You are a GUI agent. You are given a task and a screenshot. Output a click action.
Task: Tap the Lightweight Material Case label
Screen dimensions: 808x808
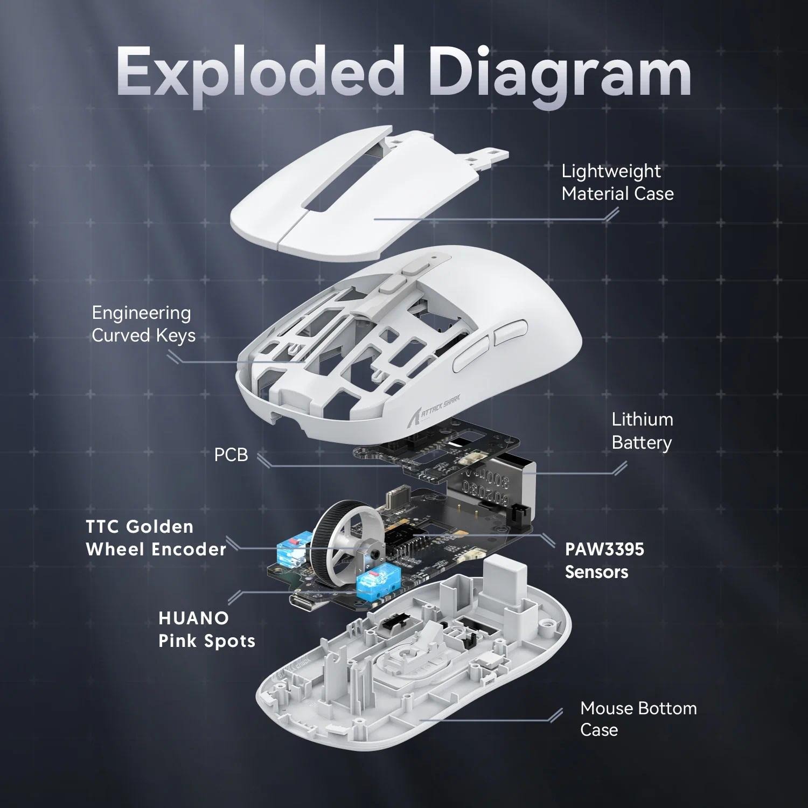(x=617, y=182)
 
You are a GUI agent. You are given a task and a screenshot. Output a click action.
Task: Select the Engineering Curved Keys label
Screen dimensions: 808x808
(x=143, y=324)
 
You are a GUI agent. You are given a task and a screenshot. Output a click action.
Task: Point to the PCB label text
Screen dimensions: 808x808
(x=231, y=455)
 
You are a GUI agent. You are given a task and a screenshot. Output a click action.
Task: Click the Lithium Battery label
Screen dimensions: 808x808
(x=642, y=431)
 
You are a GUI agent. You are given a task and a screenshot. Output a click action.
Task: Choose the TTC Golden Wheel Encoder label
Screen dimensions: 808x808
(x=156, y=538)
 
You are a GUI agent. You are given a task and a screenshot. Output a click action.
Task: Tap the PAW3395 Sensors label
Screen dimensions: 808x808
(x=604, y=560)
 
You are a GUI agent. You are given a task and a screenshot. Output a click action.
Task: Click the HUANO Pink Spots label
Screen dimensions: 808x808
(x=207, y=629)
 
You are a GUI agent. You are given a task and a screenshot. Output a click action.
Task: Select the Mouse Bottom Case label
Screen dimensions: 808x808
(x=638, y=719)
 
